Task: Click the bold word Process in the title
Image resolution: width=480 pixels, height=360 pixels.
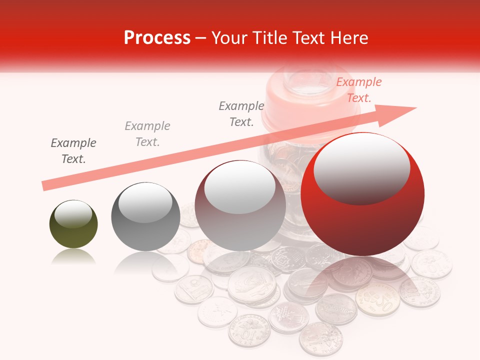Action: (x=157, y=38)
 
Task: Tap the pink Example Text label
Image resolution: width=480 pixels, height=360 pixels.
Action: (x=359, y=90)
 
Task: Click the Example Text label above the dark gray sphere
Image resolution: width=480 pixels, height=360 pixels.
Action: (x=147, y=134)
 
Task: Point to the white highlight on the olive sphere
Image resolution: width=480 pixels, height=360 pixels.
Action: (x=73, y=214)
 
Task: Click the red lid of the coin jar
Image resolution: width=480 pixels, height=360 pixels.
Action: (x=305, y=105)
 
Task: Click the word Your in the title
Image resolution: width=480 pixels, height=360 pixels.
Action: (x=230, y=38)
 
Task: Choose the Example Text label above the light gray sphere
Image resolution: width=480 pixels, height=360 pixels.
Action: (x=241, y=114)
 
